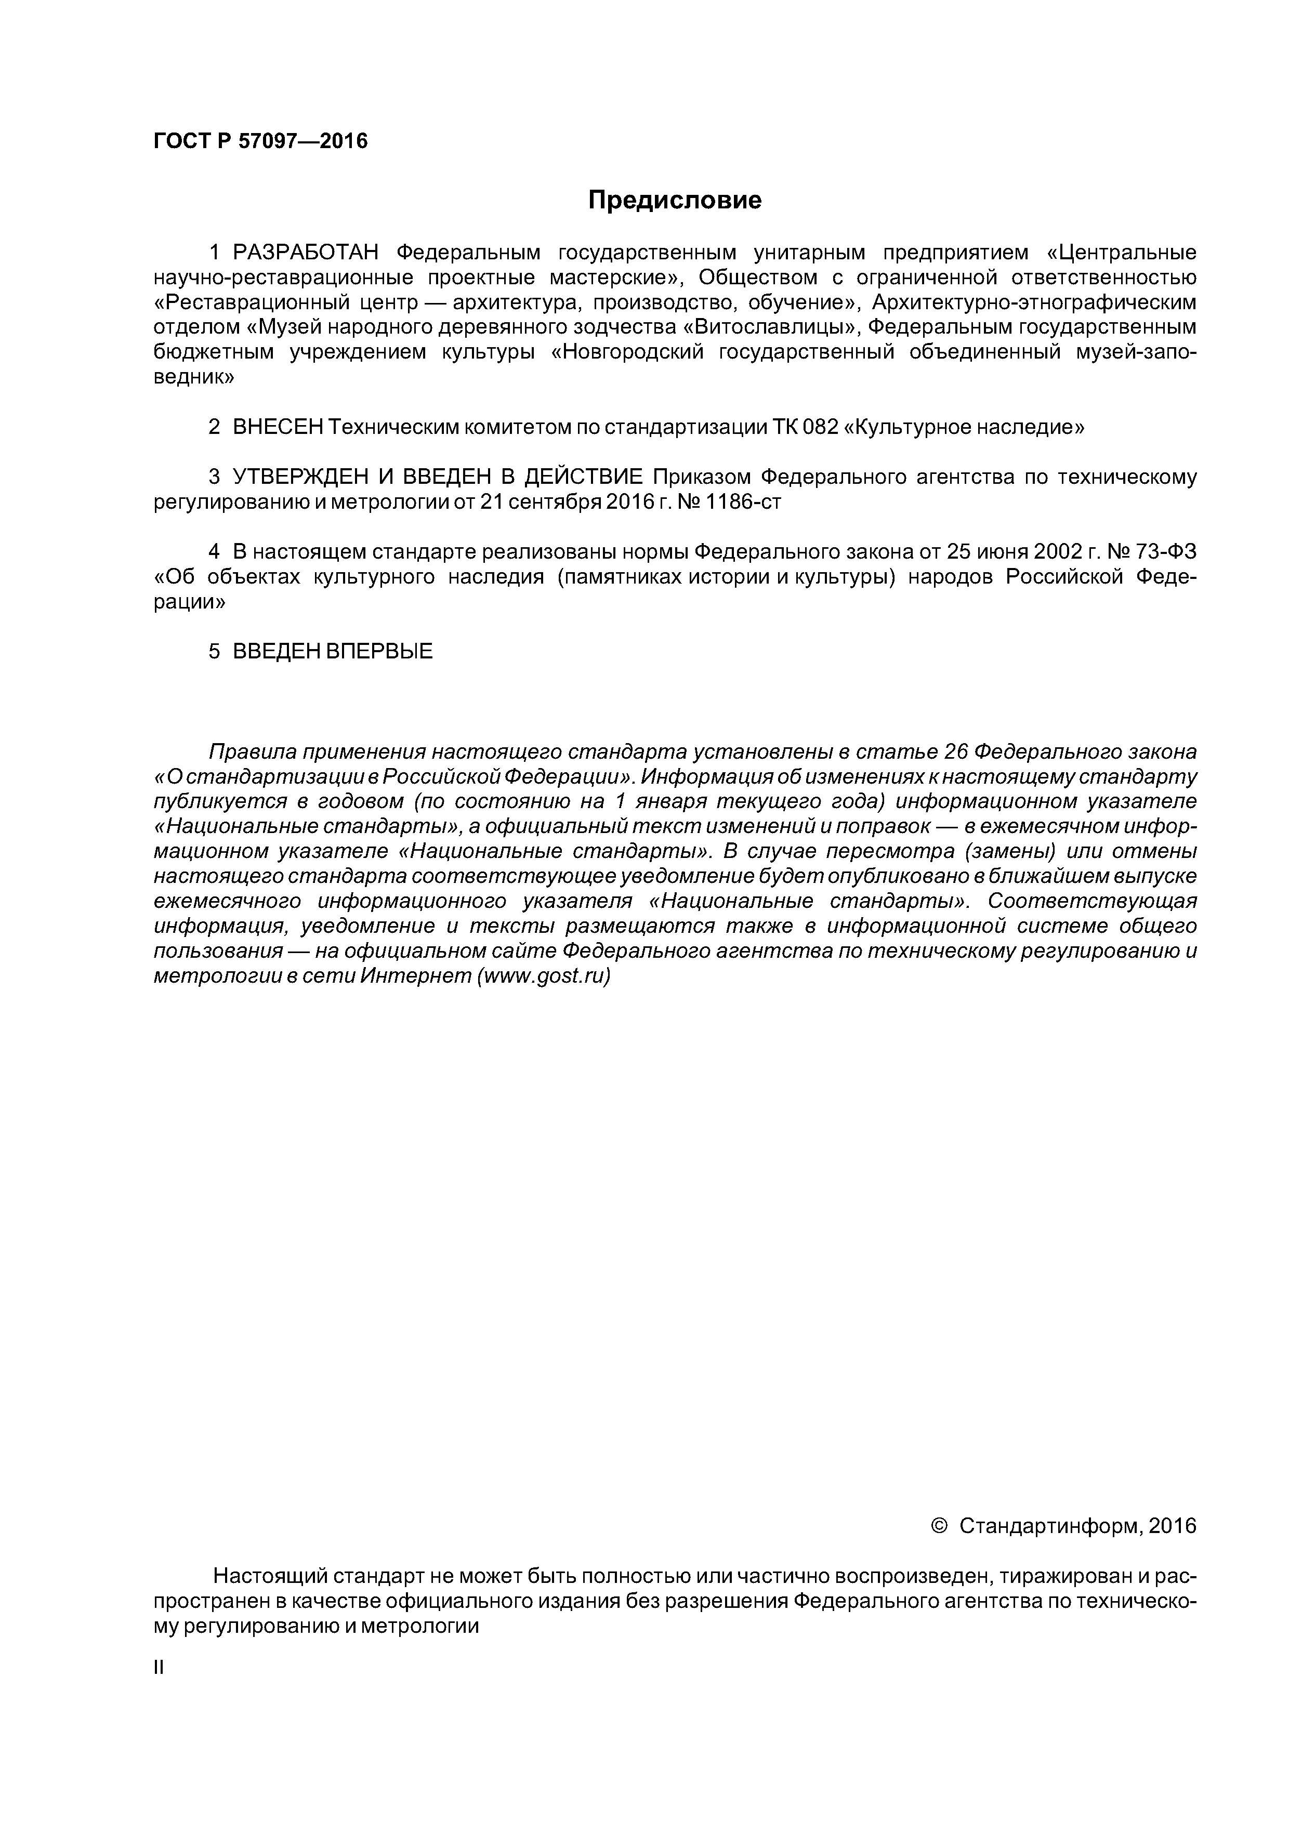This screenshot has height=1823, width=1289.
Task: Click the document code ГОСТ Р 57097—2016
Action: click(260, 141)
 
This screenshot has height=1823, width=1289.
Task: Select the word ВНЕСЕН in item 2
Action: click(277, 427)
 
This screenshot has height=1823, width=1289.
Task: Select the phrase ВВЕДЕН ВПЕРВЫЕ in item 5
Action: click(333, 652)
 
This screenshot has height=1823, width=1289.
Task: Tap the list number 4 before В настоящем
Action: click(213, 551)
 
